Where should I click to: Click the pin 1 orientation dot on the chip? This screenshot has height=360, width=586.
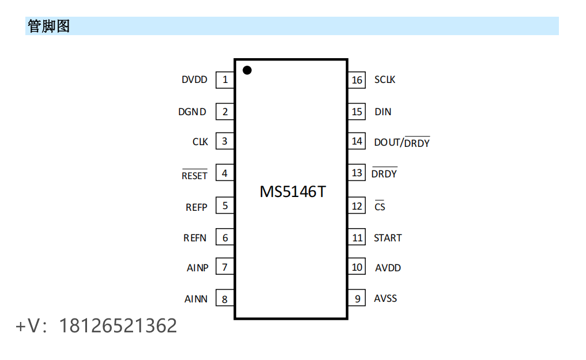(x=247, y=70)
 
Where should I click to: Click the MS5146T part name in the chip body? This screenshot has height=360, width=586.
(x=292, y=191)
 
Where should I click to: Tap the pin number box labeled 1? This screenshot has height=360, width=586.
(x=225, y=79)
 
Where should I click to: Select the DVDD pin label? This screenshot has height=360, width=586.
(x=194, y=80)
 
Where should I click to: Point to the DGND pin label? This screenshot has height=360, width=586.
(x=192, y=112)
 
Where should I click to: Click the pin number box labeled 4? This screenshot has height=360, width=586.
(x=225, y=173)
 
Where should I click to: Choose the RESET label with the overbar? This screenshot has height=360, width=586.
(x=194, y=175)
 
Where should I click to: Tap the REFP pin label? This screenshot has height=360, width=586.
(x=196, y=207)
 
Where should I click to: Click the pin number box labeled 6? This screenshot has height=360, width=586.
(x=225, y=237)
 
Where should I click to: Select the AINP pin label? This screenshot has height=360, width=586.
(x=197, y=268)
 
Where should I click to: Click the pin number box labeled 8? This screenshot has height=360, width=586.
(x=225, y=298)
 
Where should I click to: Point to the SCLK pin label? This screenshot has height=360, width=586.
(x=384, y=79)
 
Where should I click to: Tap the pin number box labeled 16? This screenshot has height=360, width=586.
(x=357, y=79)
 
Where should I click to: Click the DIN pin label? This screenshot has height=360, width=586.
(x=383, y=112)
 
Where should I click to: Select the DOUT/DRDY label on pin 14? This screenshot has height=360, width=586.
(x=402, y=142)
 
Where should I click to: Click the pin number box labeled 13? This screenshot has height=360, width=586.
(x=357, y=172)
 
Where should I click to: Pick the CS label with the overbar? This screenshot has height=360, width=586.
(x=380, y=206)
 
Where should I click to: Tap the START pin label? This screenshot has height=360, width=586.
(x=387, y=237)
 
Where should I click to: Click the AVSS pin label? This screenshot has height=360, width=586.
(x=385, y=298)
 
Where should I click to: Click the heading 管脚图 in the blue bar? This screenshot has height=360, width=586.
(x=48, y=26)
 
